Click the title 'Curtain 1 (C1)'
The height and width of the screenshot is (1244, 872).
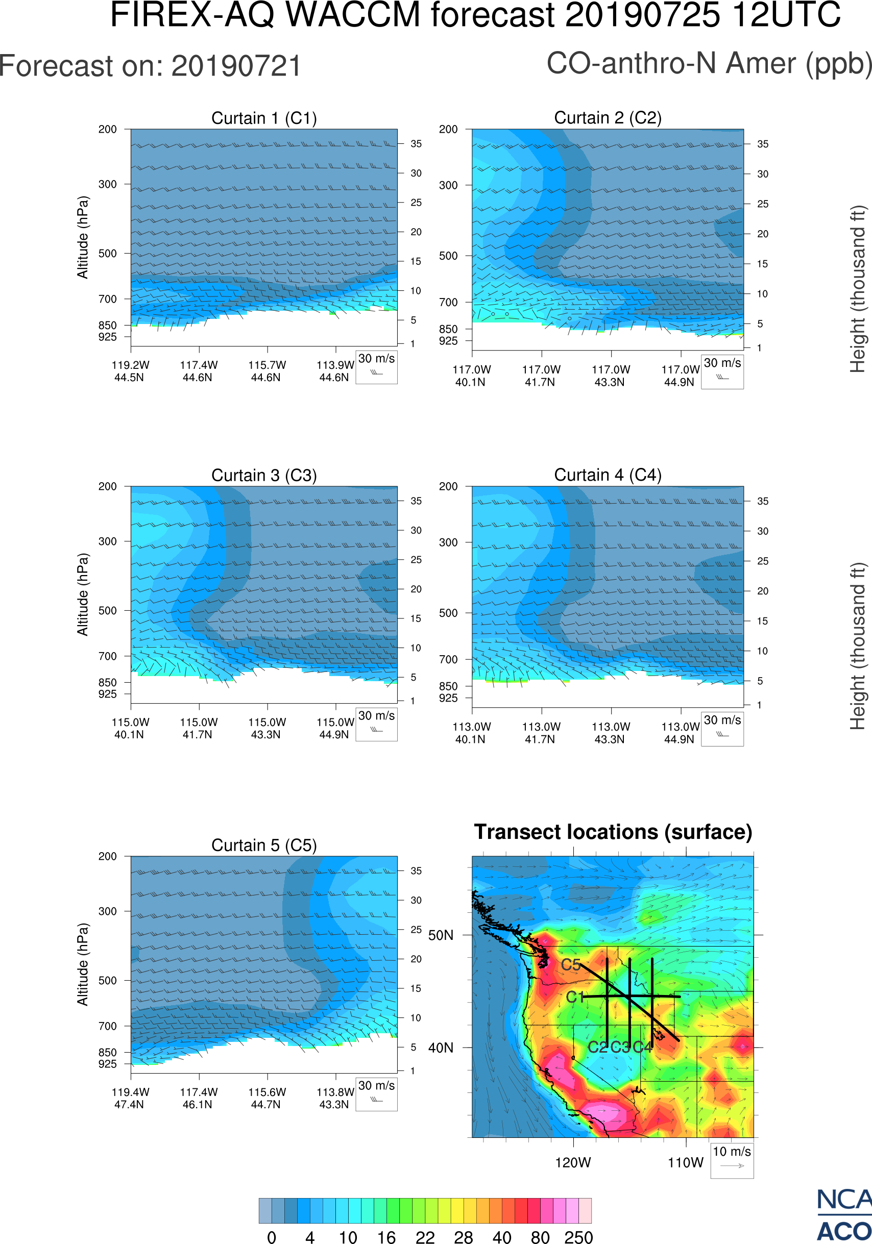click(264, 118)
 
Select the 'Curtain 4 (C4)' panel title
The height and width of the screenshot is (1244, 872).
click(608, 475)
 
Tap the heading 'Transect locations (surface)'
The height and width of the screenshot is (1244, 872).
click(613, 832)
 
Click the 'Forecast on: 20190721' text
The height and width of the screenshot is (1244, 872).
click(150, 66)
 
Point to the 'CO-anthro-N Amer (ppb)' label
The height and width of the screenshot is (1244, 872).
click(709, 63)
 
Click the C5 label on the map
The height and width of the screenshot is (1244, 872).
click(571, 965)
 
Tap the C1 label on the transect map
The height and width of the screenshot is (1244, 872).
click(575, 997)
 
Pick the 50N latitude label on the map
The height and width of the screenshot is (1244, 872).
click(441, 936)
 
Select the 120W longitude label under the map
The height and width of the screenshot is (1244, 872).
click(573, 1163)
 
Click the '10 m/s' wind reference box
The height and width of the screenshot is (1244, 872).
click(732, 1160)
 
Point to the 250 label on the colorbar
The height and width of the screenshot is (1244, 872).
click(578, 1237)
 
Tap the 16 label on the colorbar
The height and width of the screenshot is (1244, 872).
click(386, 1237)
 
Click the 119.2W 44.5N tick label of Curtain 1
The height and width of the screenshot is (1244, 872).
click(130, 371)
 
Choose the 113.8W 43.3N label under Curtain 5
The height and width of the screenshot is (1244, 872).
click(334, 1098)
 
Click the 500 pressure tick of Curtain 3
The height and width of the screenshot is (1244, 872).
click(107, 611)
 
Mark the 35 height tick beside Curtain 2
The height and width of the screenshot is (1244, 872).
click(763, 144)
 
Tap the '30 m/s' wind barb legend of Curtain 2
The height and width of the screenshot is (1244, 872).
click(722, 371)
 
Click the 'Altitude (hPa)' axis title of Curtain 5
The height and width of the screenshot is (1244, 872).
click(82, 965)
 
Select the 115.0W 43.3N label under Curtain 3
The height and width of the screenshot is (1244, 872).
click(267, 728)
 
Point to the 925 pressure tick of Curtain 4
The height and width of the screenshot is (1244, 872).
click(448, 699)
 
